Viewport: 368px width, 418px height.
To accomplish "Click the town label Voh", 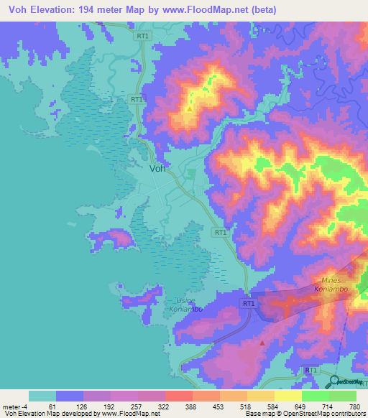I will tap(159, 169).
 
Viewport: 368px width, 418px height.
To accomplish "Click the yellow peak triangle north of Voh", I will tap(189, 109).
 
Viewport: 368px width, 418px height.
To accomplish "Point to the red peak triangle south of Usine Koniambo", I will tap(262, 343).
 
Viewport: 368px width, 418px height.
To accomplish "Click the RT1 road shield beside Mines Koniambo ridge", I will tap(249, 305).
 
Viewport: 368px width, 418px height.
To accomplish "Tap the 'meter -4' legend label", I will tap(14, 407).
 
